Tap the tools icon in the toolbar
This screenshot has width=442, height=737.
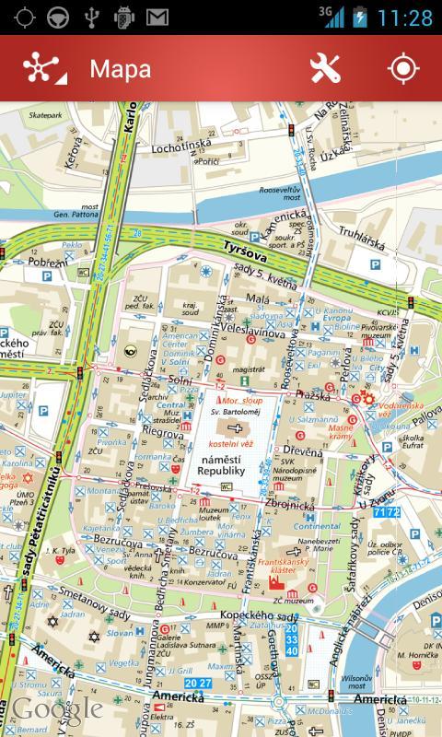coord(325,69)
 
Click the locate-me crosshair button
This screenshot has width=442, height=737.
coord(402,69)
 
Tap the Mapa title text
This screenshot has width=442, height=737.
coord(120,69)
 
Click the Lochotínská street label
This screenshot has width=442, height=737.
coord(181,145)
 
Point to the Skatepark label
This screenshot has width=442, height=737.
coord(46,115)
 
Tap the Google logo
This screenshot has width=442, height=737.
coord(57,708)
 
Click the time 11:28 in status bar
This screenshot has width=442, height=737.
coord(404,18)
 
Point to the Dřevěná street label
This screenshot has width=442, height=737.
coord(302,451)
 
